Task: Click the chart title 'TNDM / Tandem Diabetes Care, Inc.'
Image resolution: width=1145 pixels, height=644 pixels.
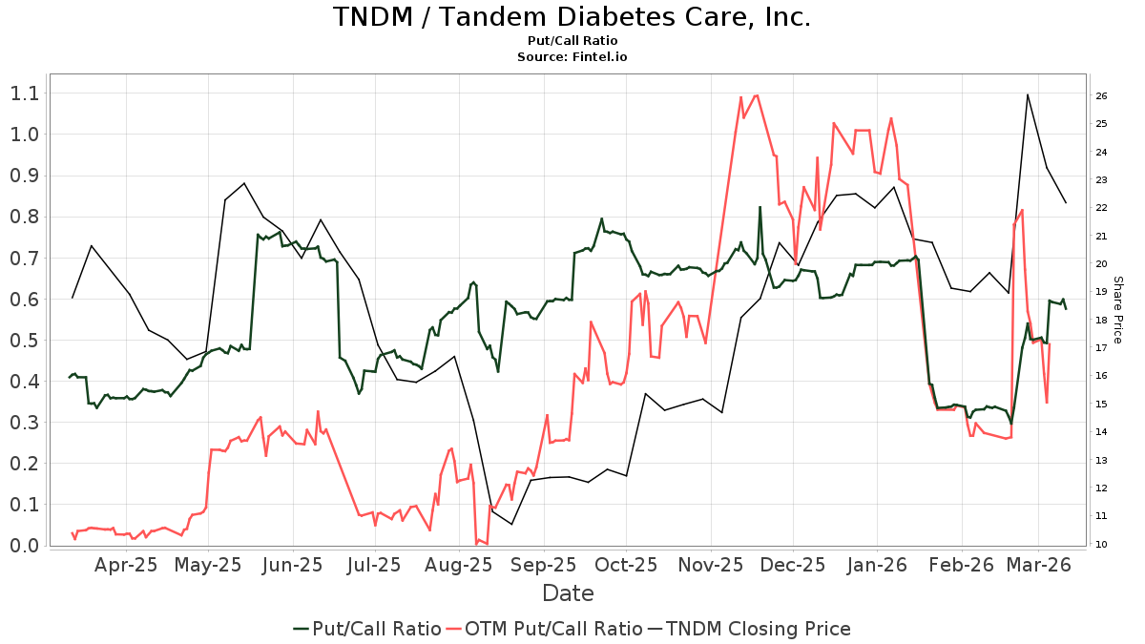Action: click(x=572, y=17)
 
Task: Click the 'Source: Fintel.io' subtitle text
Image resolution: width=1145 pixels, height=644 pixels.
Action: click(x=572, y=57)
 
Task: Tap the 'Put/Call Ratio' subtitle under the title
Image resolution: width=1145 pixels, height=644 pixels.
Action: click(x=572, y=41)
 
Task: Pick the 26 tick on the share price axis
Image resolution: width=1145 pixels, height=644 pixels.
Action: click(x=1100, y=96)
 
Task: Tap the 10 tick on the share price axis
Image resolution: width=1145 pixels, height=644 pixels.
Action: click(x=1100, y=545)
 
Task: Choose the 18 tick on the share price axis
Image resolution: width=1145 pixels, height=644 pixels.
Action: click(x=1100, y=321)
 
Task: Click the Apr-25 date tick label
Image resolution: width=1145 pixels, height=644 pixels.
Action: click(x=126, y=565)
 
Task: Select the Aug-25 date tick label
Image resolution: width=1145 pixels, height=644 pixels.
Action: click(x=459, y=565)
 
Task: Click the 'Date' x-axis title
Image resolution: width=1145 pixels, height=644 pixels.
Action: click(x=568, y=593)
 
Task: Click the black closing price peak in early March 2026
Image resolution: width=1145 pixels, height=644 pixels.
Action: click(x=1028, y=94)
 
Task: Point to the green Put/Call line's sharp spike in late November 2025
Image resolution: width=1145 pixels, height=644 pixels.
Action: click(x=760, y=207)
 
